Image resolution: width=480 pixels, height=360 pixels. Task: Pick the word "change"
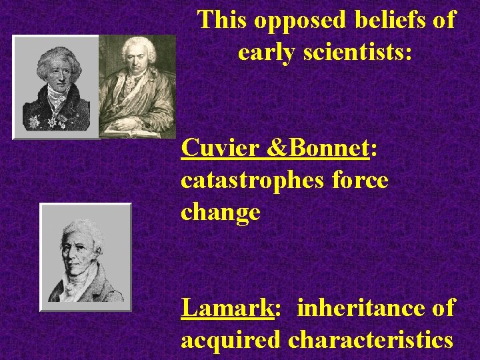220,213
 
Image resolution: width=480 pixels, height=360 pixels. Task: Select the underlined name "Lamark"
227,308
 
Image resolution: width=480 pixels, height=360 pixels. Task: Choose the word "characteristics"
371,340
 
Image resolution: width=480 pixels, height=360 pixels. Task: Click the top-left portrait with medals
57,86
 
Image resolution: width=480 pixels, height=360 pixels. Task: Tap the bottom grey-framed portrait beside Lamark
85,257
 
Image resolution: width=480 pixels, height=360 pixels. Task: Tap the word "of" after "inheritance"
443,308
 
